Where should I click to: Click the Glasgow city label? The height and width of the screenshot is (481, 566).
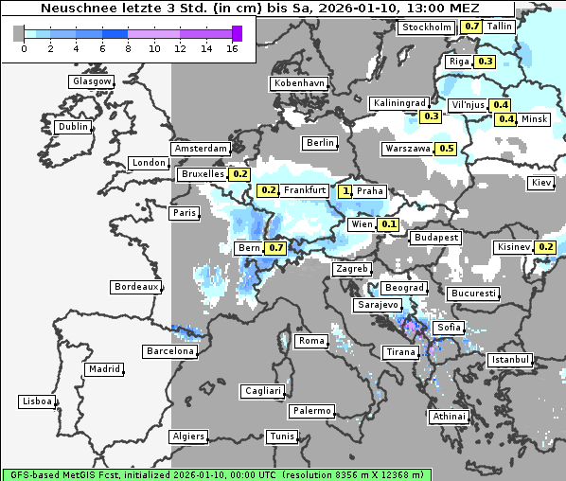[91, 81]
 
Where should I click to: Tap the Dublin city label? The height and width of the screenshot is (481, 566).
[72, 127]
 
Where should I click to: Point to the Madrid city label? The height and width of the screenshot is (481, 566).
[103, 369]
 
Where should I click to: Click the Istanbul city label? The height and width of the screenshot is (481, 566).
[509, 361]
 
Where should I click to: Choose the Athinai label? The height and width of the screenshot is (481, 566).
[449, 417]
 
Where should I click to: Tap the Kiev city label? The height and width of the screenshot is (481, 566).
[541, 183]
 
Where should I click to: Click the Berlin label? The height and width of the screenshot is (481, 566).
[320, 143]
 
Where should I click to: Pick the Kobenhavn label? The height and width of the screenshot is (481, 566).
[298, 83]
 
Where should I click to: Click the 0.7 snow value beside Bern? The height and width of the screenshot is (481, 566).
[275, 248]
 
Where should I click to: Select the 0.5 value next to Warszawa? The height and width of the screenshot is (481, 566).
[447, 149]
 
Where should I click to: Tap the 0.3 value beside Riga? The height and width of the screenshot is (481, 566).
[486, 62]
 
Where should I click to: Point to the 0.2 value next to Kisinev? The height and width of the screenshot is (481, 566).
[546, 248]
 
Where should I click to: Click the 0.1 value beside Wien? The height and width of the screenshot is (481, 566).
[389, 225]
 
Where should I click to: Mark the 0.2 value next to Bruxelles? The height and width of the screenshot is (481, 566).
[239, 174]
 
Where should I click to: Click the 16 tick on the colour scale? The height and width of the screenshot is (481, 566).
[232, 48]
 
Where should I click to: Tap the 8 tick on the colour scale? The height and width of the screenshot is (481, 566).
[127, 48]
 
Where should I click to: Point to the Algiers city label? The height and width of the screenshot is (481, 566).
[187, 436]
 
